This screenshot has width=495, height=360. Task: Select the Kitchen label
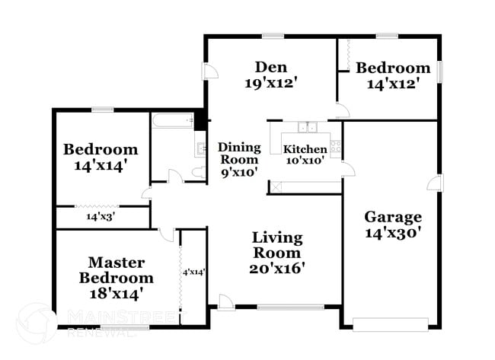click(305, 148)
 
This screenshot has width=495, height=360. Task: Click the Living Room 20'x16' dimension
click(276, 268)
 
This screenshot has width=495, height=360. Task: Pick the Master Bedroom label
click(117, 270)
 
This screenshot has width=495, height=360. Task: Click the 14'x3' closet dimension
click(99, 217)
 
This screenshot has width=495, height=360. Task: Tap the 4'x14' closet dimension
click(193, 272)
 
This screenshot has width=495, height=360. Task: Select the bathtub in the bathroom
click(173, 119)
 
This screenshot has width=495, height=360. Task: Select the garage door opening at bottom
click(395, 325)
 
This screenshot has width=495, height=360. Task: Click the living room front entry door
click(225, 302)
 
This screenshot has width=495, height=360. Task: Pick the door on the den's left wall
click(209, 72)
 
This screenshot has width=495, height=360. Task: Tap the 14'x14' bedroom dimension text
click(100, 164)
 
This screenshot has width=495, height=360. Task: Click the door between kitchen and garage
click(347, 168)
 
